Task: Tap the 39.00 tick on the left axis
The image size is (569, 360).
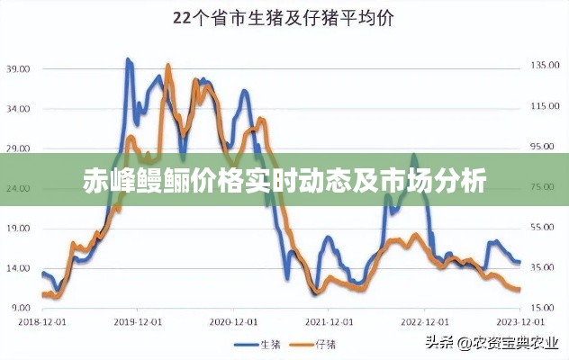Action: (19, 68)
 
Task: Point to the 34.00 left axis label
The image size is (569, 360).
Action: (19, 109)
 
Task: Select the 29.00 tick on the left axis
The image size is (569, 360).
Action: (19, 148)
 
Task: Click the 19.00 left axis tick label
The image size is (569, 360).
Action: (19, 229)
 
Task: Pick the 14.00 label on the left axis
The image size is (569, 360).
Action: (19, 268)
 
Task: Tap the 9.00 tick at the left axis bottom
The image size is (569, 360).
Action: (21, 308)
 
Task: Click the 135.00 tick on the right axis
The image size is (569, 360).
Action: (543, 65)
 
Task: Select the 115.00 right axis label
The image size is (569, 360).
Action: (543, 106)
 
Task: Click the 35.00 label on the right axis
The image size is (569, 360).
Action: (545, 267)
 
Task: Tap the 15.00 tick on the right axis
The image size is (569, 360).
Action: (545, 308)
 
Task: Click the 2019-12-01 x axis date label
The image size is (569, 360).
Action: (137, 321)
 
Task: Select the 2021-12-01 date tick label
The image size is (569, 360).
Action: (330, 321)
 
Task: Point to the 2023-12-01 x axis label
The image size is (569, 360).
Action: (520, 321)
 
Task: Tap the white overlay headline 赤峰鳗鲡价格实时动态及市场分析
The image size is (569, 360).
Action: (284, 181)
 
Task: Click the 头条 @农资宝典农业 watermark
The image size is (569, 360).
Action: (493, 343)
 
